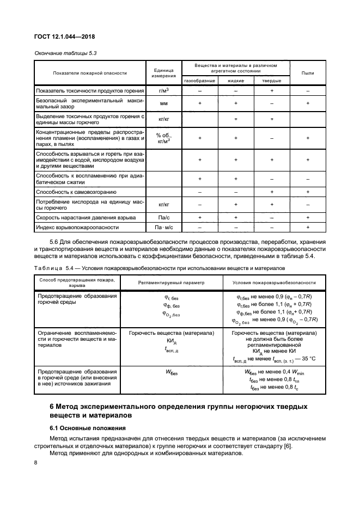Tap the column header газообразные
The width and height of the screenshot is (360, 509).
tap(199, 81)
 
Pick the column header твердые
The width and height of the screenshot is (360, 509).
tap(272, 81)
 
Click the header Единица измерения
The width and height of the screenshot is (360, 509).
tap(163, 73)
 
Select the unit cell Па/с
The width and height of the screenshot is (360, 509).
tap(163, 217)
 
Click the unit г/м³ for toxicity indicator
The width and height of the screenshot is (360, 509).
tap(163, 90)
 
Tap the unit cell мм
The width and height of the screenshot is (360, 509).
tap(163, 103)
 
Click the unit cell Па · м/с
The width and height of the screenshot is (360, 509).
tap(163, 226)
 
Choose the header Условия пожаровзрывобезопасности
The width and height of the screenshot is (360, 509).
tap(274, 283)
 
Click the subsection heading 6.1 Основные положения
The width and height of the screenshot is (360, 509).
tap(88, 428)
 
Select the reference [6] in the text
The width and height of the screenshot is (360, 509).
tap(288, 446)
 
